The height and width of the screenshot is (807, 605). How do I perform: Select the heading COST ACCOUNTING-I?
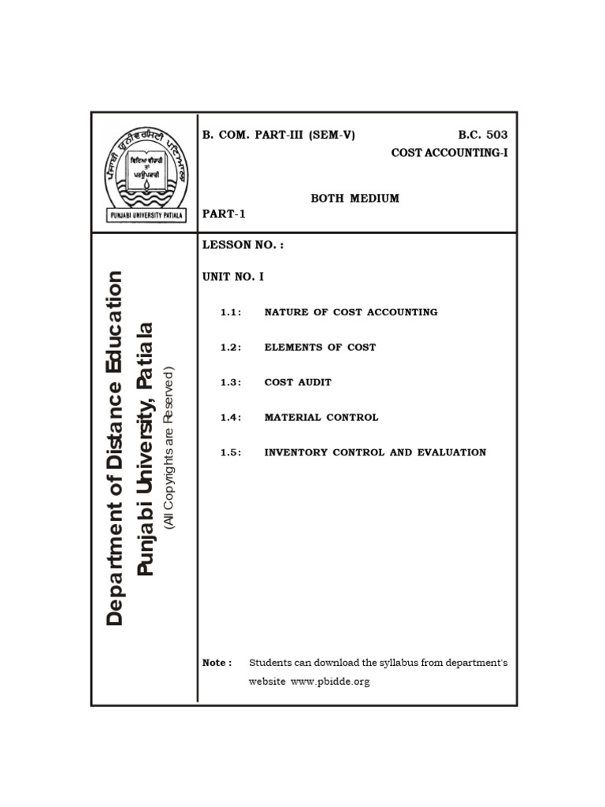pyautogui.click(x=449, y=152)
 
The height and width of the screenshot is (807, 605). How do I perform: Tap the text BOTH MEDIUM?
pyautogui.click(x=354, y=198)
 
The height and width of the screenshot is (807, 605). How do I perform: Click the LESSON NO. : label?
pyautogui.click(x=243, y=245)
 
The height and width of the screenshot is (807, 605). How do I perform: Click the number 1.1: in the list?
pyautogui.click(x=230, y=312)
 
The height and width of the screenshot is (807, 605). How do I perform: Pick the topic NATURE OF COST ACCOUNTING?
pyautogui.click(x=351, y=312)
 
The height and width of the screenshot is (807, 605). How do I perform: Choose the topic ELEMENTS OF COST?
pyautogui.click(x=320, y=347)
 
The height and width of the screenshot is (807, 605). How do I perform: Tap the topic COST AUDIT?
pyautogui.click(x=298, y=382)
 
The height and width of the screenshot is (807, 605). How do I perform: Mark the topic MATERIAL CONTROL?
pyautogui.click(x=321, y=417)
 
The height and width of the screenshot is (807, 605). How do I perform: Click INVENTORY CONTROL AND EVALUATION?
pyautogui.click(x=375, y=452)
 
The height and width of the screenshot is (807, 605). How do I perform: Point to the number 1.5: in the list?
pyautogui.click(x=230, y=452)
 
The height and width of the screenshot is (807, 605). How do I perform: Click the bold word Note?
pyautogui.click(x=217, y=663)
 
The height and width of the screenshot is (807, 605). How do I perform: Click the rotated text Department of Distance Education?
pyautogui.click(x=115, y=448)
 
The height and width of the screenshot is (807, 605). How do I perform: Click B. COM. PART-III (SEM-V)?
pyautogui.click(x=279, y=135)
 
